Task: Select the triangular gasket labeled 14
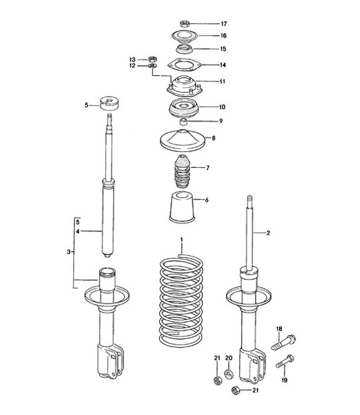coord(184,65)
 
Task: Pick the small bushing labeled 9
coord(185,122)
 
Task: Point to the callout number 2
coord(269,233)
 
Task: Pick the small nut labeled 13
coord(151,59)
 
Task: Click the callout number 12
coord(131,66)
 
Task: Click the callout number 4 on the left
coord(77,232)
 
